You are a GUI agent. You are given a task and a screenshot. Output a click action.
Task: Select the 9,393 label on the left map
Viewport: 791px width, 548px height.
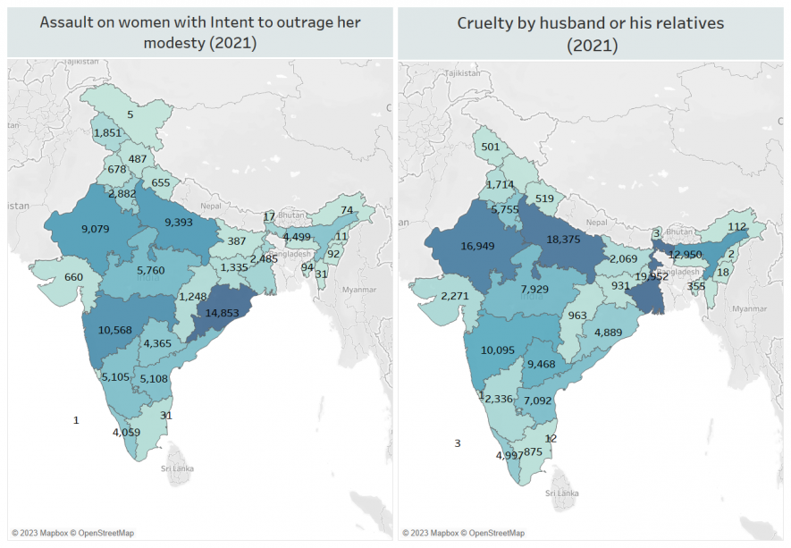coord(183,223)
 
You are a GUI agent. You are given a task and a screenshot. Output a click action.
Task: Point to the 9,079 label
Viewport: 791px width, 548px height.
coord(95,229)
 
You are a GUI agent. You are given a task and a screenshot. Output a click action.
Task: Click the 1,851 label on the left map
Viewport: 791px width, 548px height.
coord(107,133)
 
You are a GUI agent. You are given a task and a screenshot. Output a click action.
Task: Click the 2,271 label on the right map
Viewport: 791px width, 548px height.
coord(455,297)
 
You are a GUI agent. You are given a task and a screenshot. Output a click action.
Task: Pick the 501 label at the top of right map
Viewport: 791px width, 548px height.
coord(490,148)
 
